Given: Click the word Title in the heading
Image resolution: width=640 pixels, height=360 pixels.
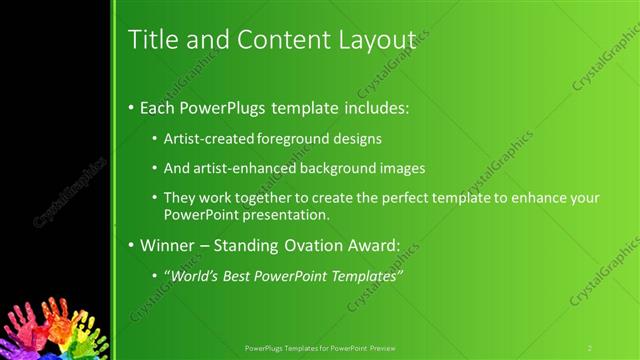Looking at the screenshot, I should pos(152,39).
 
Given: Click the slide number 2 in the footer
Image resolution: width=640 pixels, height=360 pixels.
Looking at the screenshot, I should pos(590,348).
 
